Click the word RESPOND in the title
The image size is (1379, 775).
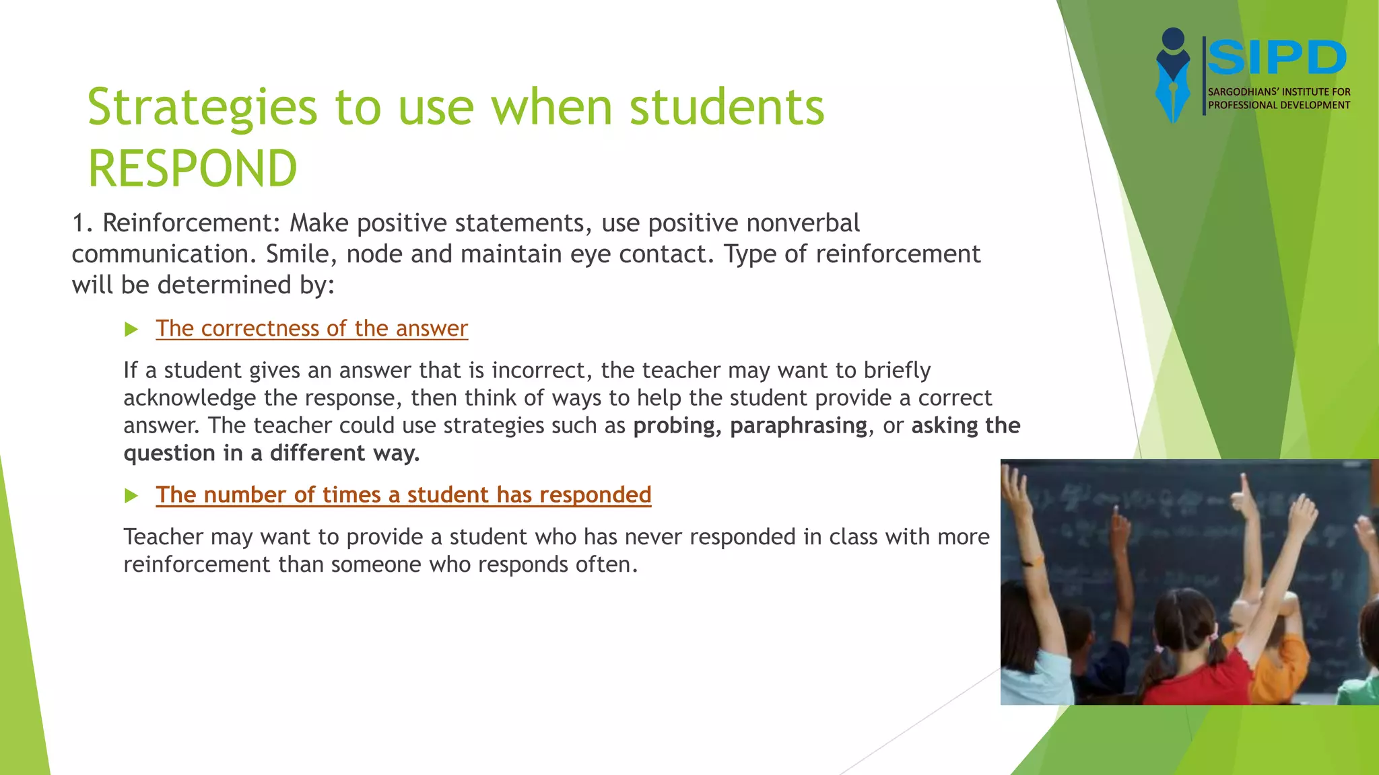point(193,168)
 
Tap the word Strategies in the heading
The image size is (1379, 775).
point(202,108)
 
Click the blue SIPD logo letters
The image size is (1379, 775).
point(1277,58)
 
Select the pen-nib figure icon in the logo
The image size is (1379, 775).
point(1173,75)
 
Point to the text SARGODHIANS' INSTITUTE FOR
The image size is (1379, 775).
point(1279,91)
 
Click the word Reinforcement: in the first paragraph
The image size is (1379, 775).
point(191,223)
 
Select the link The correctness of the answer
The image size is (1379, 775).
point(312,328)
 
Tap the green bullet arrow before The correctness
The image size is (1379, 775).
point(131,330)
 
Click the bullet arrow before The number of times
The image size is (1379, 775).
point(131,496)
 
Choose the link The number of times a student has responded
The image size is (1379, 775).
point(403,494)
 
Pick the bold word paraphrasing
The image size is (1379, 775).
point(799,426)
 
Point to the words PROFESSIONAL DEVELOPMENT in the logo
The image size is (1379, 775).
point(1279,105)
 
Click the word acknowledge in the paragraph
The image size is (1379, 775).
point(190,398)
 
